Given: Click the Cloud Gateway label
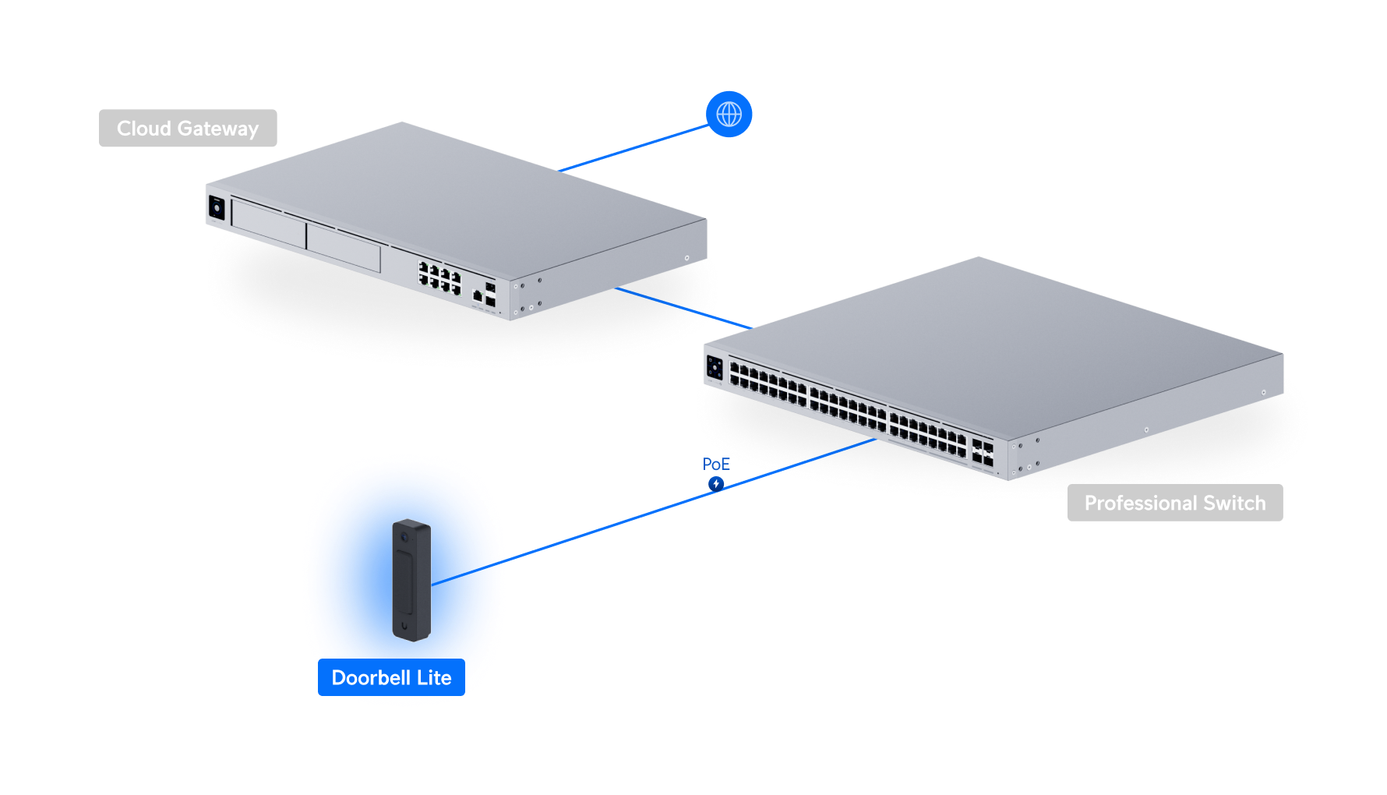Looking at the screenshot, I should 188,129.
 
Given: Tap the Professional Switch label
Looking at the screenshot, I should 1174,503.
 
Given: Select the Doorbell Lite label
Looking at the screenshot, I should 391,678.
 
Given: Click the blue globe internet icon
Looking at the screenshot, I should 729,115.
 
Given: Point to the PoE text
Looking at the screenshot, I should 716,465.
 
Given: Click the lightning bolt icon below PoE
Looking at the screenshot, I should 716,484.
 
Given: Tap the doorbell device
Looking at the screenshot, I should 411,581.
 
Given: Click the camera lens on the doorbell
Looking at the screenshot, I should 404,538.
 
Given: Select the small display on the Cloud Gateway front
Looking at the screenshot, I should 217,208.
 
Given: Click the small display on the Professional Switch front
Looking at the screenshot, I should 715,368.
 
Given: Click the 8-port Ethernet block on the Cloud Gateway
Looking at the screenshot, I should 439,278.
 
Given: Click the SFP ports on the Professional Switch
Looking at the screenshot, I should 982,454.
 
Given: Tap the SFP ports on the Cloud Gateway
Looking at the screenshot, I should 490,295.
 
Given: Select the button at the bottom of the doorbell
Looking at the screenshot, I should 404,625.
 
